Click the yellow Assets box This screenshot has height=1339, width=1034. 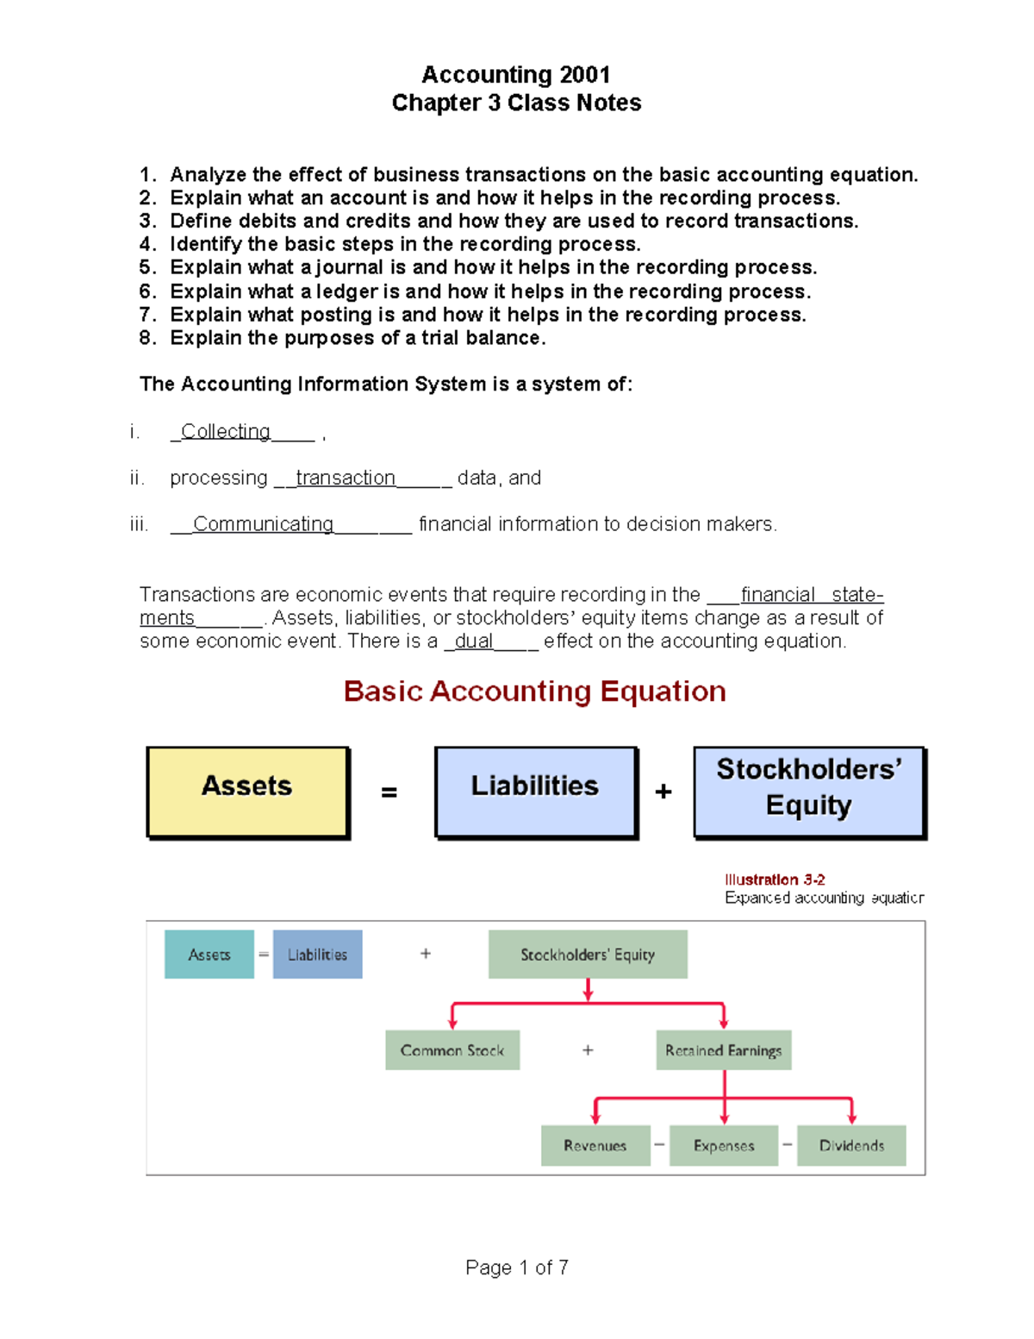click(x=247, y=791)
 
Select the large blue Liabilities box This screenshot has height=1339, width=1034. click(x=535, y=791)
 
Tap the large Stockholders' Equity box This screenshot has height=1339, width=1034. click(x=809, y=791)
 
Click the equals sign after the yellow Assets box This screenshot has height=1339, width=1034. click(x=389, y=792)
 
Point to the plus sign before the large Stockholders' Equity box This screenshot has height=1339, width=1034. click(x=663, y=792)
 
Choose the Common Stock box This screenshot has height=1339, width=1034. click(x=452, y=1050)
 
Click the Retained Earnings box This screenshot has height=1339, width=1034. click(x=723, y=1050)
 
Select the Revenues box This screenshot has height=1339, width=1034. click(x=595, y=1145)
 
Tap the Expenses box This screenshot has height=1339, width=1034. click(x=724, y=1145)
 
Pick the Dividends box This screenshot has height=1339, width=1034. click(x=851, y=1145)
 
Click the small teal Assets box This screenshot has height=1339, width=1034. click(x=209, y=954)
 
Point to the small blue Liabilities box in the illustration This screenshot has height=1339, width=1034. click(x=317, y=954)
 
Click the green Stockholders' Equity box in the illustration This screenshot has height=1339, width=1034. click(x=588, y=954)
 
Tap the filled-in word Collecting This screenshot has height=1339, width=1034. click(x=226, y=431)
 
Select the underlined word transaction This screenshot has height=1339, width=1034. click(x=346, y=478)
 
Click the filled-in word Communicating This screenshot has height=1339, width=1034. click(x=263, y=524)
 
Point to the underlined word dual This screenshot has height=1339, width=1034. click(x=474, y=641)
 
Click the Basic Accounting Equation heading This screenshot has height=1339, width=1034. click(x=534, y=691)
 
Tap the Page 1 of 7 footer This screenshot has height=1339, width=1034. click(x=517, y=1267)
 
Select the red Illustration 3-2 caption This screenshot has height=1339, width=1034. click(x=775, y=879)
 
